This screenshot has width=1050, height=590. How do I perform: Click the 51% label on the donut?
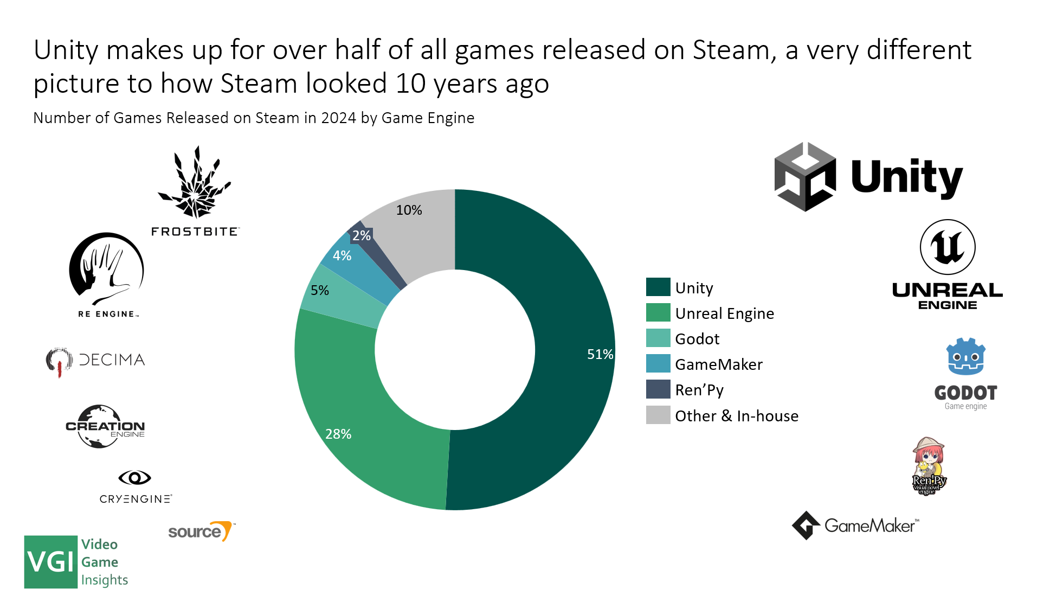tap(600, 354)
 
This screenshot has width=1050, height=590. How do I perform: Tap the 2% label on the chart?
tap(361, 235)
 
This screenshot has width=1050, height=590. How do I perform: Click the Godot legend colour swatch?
tap(658, 338)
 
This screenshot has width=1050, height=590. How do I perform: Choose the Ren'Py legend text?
tap(699, 390)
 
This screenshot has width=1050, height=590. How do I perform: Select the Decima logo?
tap(96, 361)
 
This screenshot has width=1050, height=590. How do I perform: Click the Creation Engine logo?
tap(105, 427)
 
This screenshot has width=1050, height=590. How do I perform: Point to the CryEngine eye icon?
tap(134, 478)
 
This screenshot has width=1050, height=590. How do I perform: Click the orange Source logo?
tap(201, 531)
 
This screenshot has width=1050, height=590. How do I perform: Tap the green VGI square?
tap(51, 562)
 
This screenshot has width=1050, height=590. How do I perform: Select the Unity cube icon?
tap(804, 177)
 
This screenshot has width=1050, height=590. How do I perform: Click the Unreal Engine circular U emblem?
tap(947, 247)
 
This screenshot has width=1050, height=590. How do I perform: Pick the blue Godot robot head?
tap(965, 357)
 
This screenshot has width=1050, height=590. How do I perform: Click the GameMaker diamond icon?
tap(806, 525)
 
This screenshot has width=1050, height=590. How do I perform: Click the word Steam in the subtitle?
tap(277, 118)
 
